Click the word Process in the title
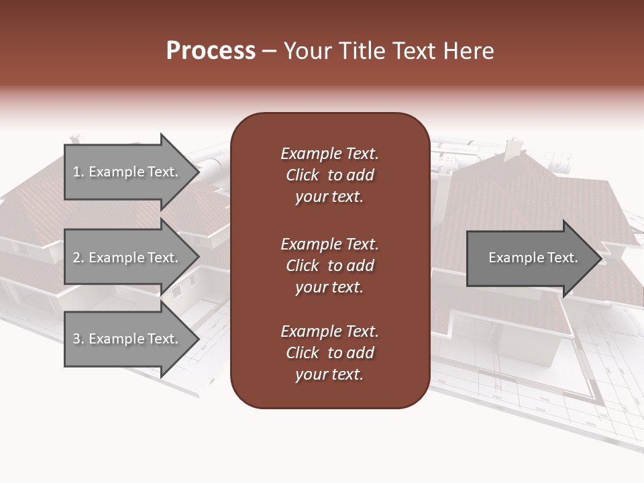coord(211,51)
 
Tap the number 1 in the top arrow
coord(76,172)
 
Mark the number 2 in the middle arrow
coord(76,258)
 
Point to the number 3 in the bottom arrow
coord(76,339)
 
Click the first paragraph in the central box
coord(329,175)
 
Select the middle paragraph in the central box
coord(329,266)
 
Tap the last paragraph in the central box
coord(329,353)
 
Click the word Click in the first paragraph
coord(303,175)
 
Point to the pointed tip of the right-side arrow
coord(600,258)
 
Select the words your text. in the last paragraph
coord(329,374)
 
